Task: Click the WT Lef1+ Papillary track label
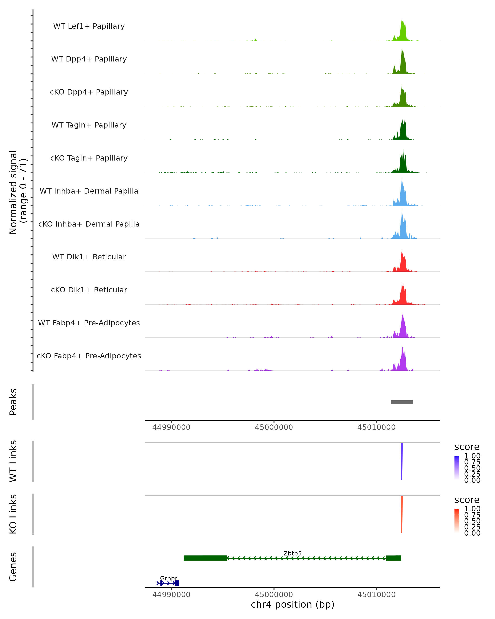point(89,26)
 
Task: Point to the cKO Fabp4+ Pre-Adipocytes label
point(89,356)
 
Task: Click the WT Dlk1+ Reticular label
point(89,257)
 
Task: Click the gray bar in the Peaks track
point(402,402)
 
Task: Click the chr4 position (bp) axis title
point(292,604)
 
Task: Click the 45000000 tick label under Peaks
point(274,427)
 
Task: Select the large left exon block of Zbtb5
point(205,558)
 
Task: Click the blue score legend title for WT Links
point(467,447)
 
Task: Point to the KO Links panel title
point(13,514)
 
